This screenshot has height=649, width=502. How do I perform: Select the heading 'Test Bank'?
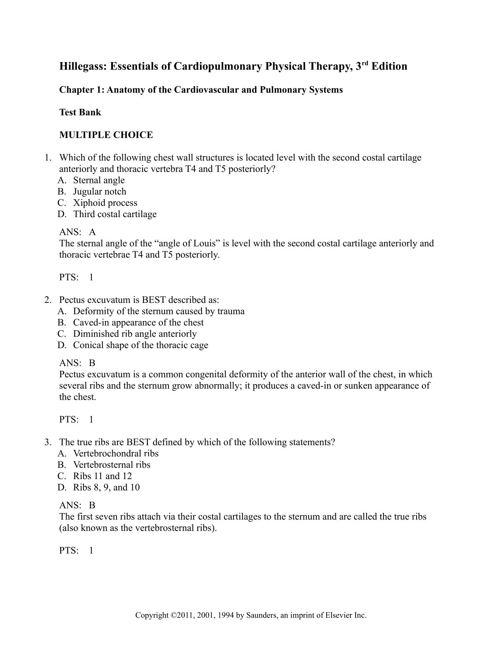tap(80, 112)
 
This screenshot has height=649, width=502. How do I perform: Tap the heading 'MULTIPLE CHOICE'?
tap(106, 135)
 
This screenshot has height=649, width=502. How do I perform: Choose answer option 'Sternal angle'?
tap(99, 181)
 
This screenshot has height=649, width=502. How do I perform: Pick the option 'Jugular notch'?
tap(100, 192)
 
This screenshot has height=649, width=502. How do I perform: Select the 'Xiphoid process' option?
tap(105, 203)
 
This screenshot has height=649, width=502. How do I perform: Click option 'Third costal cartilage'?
tap(115, 214)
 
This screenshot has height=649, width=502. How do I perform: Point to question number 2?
tap(48, 300)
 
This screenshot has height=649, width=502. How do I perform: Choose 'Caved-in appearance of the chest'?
tap(138, 323)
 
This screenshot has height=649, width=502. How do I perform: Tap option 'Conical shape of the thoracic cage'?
tap(141, 345)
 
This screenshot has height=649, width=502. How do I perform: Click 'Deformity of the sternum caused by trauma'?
tap(159, 312)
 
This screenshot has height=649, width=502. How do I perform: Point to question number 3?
tap(48, 442)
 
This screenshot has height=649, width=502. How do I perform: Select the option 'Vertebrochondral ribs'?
tap(116, 454)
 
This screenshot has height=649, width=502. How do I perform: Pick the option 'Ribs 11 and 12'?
tap(102, 476)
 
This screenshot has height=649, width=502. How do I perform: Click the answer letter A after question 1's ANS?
tap(93, 232)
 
